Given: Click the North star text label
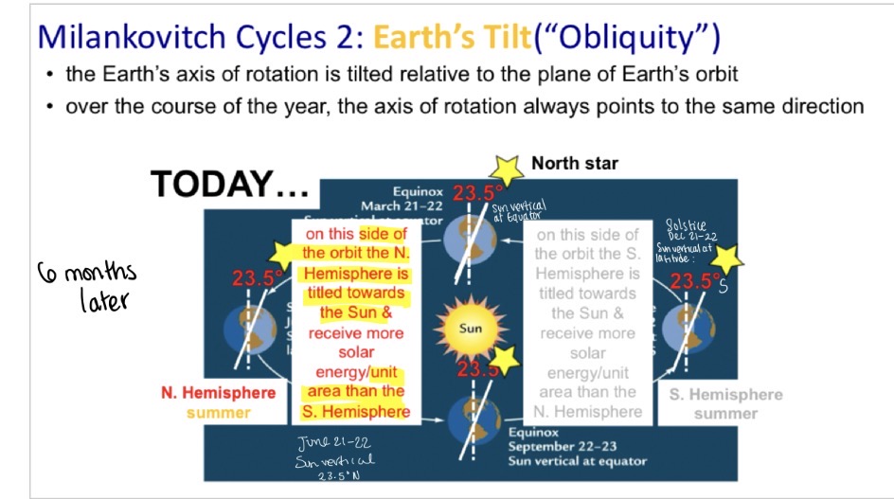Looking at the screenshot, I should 575,163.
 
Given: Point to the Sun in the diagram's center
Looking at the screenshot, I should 471,330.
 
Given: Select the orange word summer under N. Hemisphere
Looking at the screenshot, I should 219,413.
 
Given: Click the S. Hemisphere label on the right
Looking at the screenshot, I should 725,395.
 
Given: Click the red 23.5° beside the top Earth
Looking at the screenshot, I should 477,193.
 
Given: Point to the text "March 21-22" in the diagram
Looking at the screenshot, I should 401,205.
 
